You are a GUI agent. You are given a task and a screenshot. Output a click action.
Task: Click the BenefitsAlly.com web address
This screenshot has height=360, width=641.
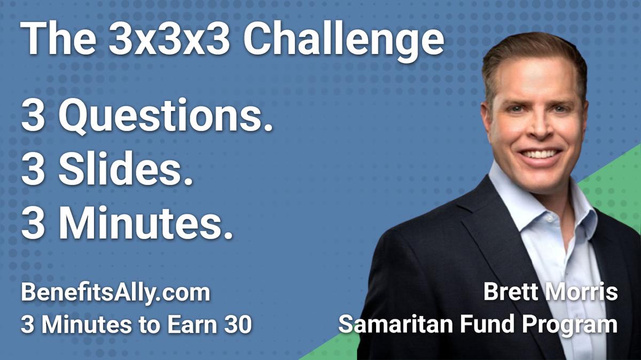[x=115, y=294]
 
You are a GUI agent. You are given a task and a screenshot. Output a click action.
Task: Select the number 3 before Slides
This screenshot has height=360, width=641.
[x=33, y=173]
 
